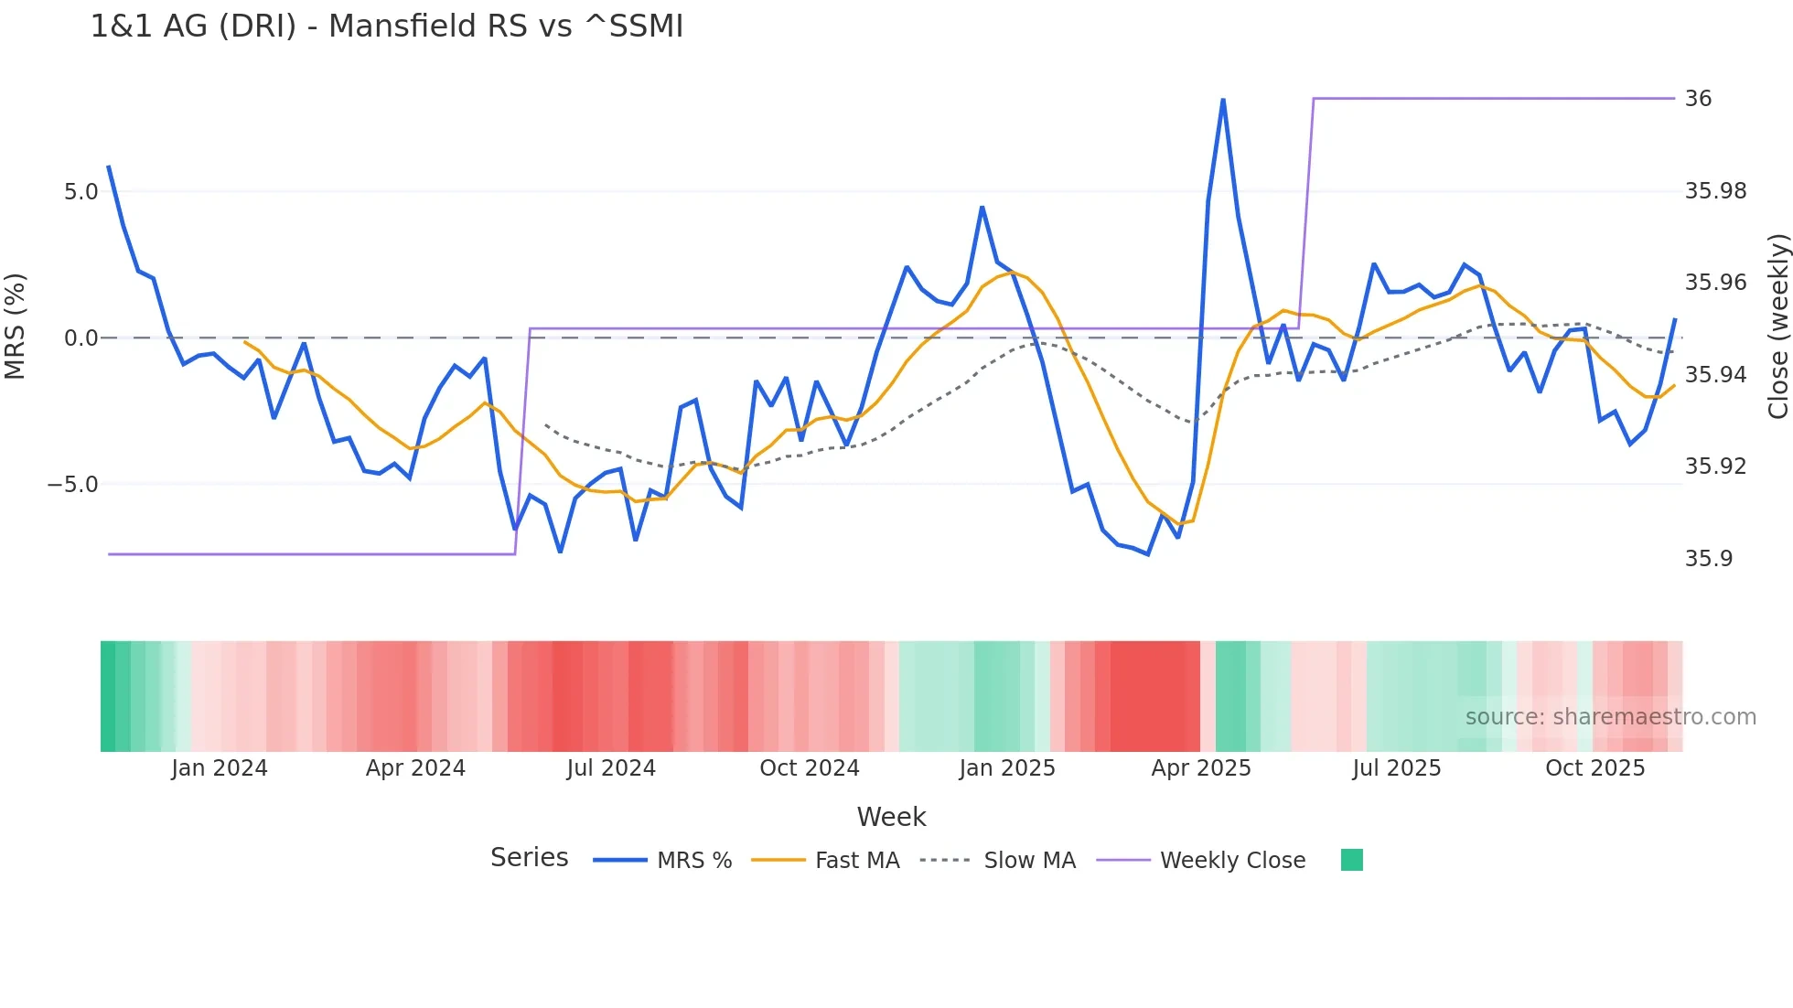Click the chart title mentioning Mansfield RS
[386, 27]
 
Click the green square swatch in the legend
[1351, 860]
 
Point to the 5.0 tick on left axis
[81, 192]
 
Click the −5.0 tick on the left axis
[73, 485]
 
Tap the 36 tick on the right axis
[1698, 99]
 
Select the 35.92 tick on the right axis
[1715, 466]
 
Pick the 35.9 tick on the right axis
[1708, 559]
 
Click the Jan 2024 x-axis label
[219, 768]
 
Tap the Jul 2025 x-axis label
[1396, 768]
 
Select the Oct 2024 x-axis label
[809, 768]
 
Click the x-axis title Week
[891, 817]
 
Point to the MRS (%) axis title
[16, 327]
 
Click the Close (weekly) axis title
[1777, 327]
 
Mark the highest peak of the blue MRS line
[1223, 100]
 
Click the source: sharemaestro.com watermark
[1610, 717]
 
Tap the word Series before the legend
[529, 858]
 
